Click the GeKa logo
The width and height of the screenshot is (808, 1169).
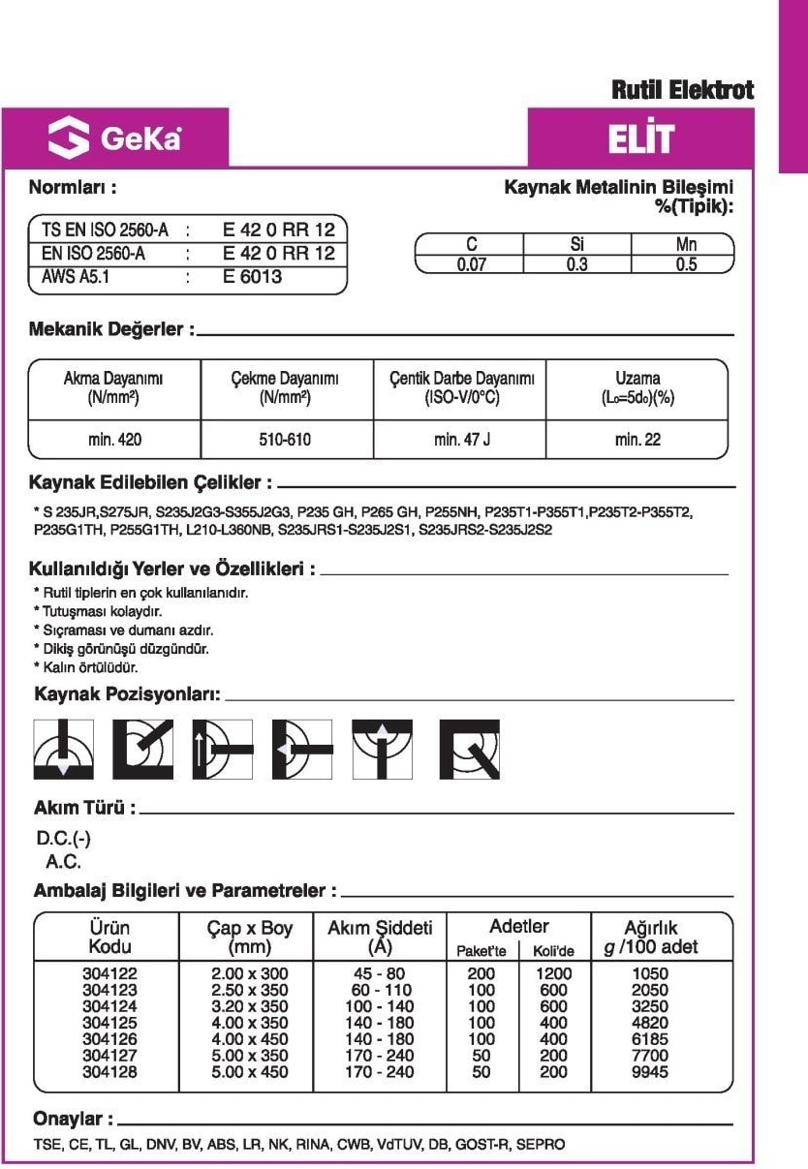114,138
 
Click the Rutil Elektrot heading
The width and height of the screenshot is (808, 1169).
682,91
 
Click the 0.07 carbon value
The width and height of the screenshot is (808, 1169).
471,264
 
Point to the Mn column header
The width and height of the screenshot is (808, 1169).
685,245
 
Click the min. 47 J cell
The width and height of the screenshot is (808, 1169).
461,440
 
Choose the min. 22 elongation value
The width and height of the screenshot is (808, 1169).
637,440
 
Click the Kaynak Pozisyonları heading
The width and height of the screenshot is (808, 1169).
127,694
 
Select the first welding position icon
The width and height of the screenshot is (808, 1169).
64,749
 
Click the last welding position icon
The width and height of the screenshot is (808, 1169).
469,749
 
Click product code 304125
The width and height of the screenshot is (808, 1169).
109,1023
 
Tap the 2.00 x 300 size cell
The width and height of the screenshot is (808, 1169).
249,973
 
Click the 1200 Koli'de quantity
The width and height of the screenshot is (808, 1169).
554,973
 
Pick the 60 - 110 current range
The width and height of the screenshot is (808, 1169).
380,990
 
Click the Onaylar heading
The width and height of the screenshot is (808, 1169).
74,1119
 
